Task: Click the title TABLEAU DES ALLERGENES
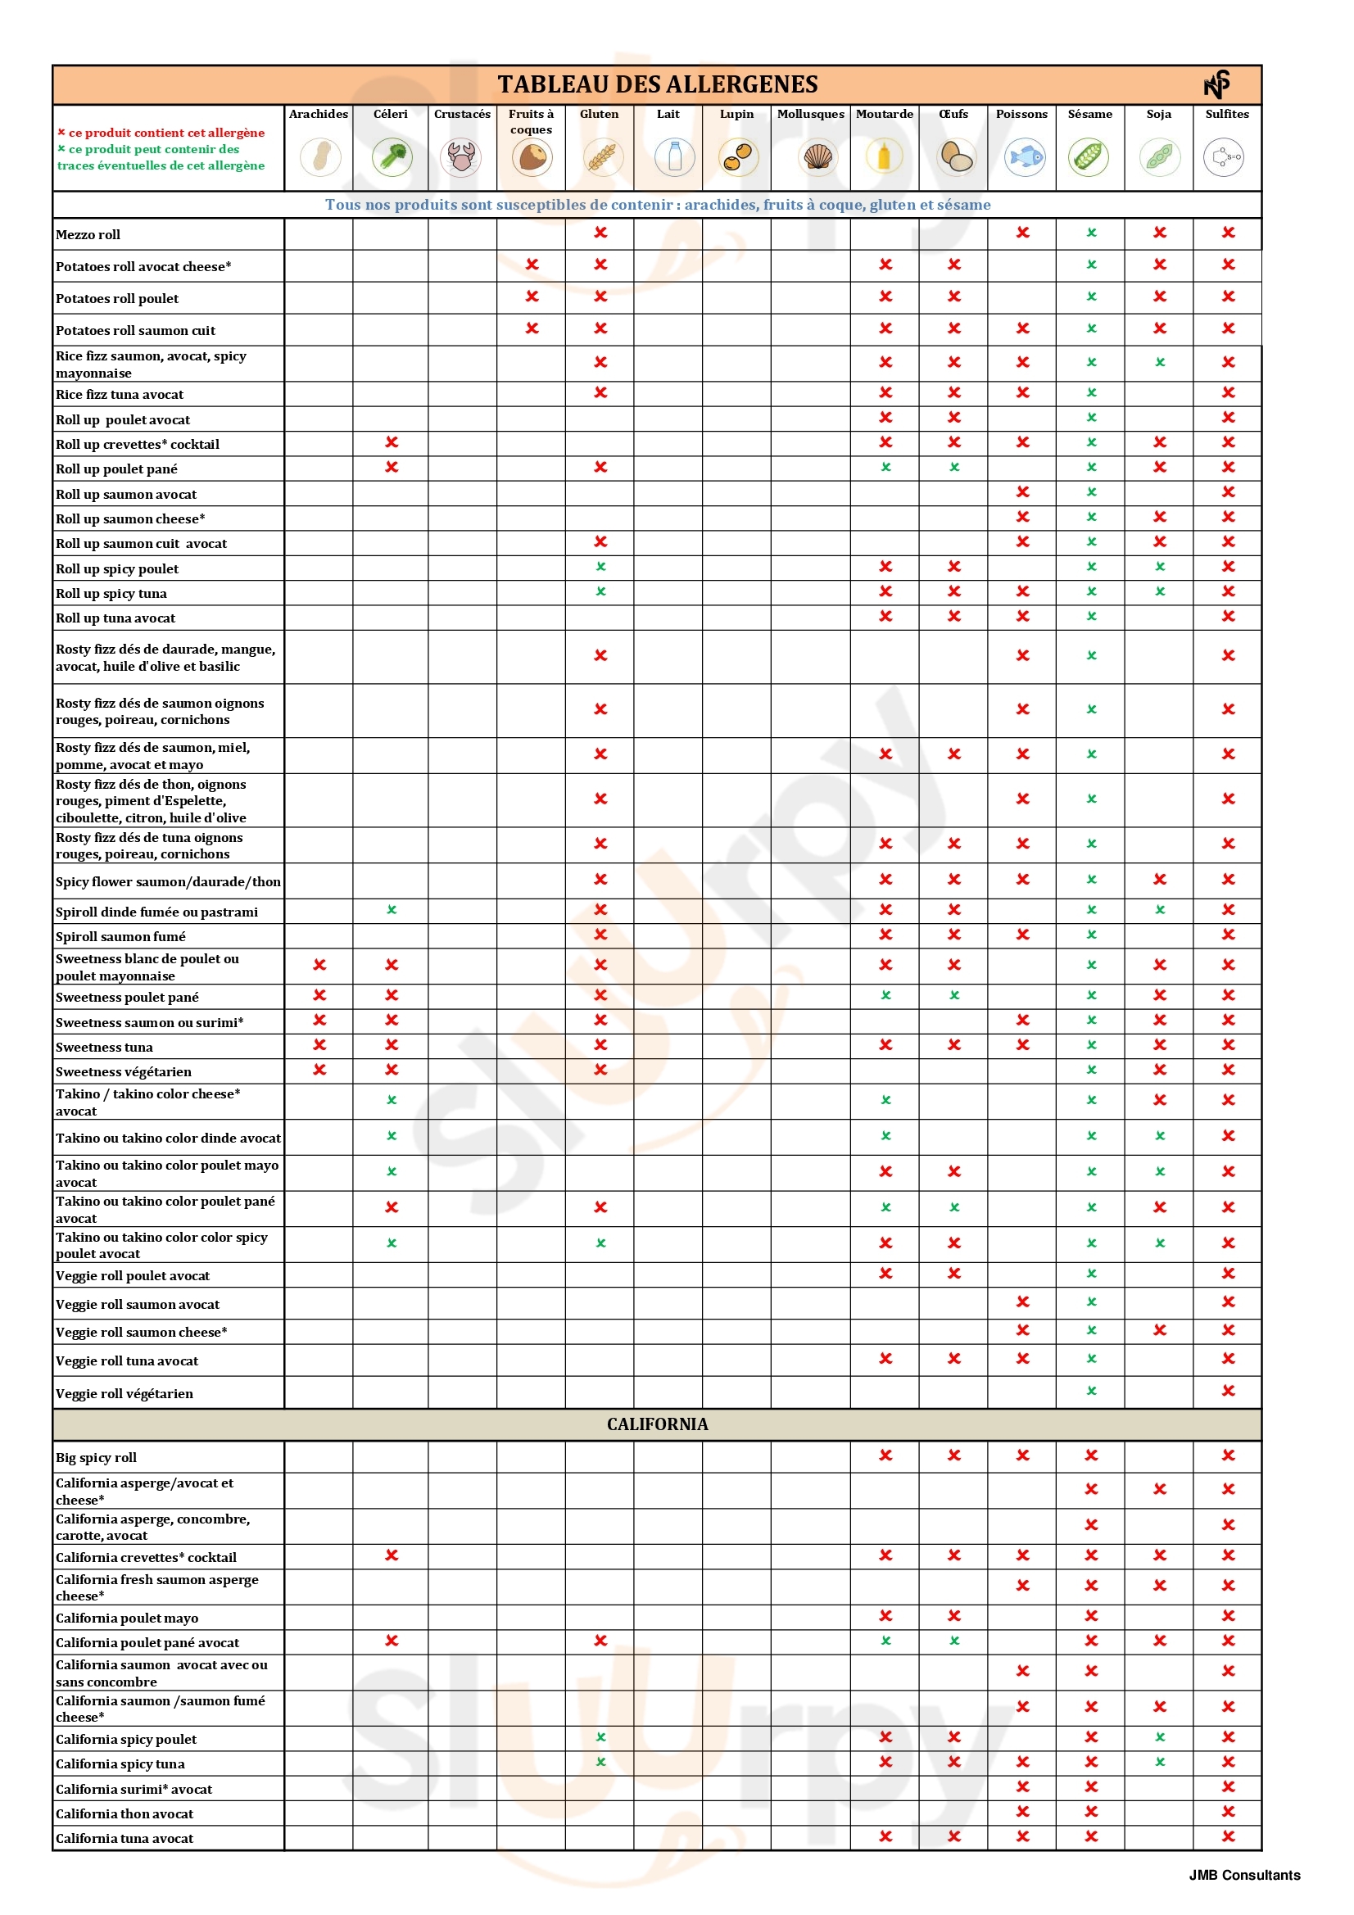pyautogui.click(x=658, y=84)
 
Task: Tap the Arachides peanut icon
pyautogui.click(x=320, y=156)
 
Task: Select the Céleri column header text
pyautogui.click(x=391, y=115)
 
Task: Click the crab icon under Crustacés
pyautogui.click(x=461, y=156)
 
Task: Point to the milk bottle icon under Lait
pyautogui.click(x=674, y=156)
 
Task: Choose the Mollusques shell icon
pyautogui.click(x=817, y=156)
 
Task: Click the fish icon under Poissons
pyautogui.click(x=1025, y=156)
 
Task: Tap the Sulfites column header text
pyautogui.click(x=1226, y=115)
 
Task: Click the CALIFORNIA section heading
pyautogui.click(x=658, y=1424)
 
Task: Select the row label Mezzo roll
pyautogui.click(x=88, y=235)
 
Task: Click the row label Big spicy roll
pyautogui.click(x=96, y=1458)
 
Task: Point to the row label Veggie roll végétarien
pyautogui.click(x=125, y=1394)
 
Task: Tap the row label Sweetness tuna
pyautogui.click(x=104, y=1048)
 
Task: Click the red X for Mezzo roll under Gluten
pyautogui.click(x=600, y=233)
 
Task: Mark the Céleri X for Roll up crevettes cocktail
pyautogui.click(x=392, y=442)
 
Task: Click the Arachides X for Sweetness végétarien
pyautogui.click(x=319, y=1070)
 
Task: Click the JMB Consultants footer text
pyautogui.click(x=1244, y=1875)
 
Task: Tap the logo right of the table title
pyautogui.click(x=1217, y=84)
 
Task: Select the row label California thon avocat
pyautogui.click(x=125, y=1814)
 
